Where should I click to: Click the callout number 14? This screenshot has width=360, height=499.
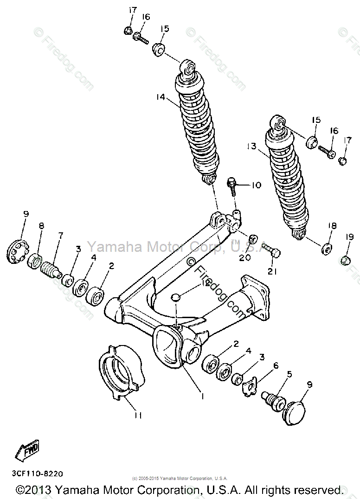(161, 97)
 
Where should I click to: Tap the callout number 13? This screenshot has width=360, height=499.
(251, 147)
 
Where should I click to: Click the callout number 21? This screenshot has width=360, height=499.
(272, 271)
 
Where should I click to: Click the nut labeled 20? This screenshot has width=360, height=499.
(253, 240)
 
